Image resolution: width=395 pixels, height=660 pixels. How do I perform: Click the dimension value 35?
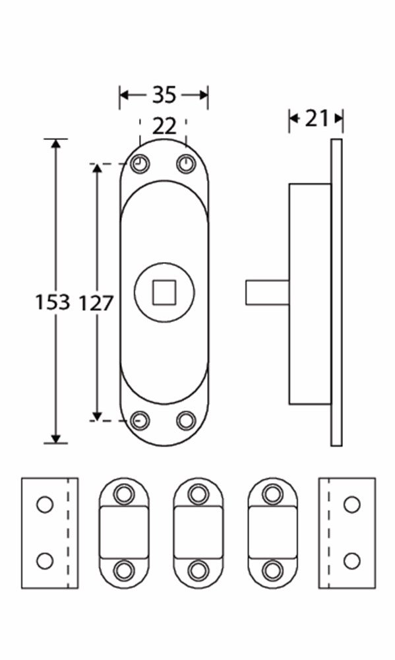[x=164, y=95]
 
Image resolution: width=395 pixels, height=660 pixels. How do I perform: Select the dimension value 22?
[x=164, y=125]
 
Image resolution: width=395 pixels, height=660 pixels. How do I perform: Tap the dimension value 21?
[x=317, y=118]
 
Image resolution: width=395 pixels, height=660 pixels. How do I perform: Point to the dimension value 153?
[x=52, y=302]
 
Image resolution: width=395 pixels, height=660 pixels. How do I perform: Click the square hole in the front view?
[x=164, y=292]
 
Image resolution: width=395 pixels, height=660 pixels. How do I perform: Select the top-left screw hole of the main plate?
[x=139, y=164]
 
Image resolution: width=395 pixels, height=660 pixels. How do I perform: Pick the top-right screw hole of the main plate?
[x=186, y=164]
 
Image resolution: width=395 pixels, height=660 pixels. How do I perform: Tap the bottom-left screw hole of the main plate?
[x=139, y=420]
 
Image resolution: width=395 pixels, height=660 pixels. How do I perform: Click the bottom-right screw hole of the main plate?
[x=187, y=420]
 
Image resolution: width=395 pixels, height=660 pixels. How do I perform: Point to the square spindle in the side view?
[x=267, y=292]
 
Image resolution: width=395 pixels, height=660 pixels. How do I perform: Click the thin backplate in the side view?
[x=336, y=292]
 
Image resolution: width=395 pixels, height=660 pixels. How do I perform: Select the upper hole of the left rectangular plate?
[x=44, y=505]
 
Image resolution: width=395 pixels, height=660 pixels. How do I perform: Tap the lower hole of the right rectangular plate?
[x=351, y=561]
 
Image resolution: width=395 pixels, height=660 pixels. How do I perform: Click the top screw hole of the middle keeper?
[x=198, y=493]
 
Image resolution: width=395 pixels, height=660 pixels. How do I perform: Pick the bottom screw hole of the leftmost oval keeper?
[x=123, y=569]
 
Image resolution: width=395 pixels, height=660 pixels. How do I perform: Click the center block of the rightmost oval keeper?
[x=272, y=531]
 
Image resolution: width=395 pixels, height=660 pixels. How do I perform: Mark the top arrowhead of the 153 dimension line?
[x=56, y=144]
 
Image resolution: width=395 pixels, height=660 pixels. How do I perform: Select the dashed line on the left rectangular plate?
[x=69, y=533]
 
